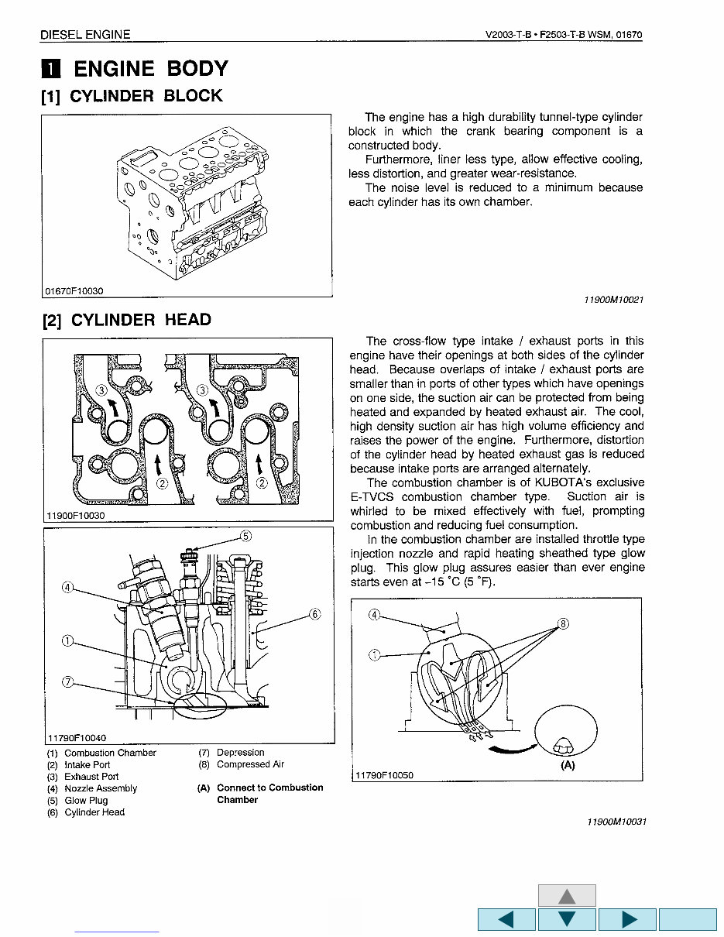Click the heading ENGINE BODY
point(150,69)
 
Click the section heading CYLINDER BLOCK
point(146,96)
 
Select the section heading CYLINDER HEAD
point(140,321)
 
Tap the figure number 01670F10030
point(74,291)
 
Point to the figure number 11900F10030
point(75,515)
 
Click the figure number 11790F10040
point(77,738)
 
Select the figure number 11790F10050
point(385,774)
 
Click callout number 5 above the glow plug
point(246,535)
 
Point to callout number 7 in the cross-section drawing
point(68,681)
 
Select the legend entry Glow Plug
point(86,801)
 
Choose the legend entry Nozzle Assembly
point(101,788)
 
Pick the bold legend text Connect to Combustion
point(269,788)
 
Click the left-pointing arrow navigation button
point(506,919)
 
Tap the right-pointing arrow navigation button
point(627,919)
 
